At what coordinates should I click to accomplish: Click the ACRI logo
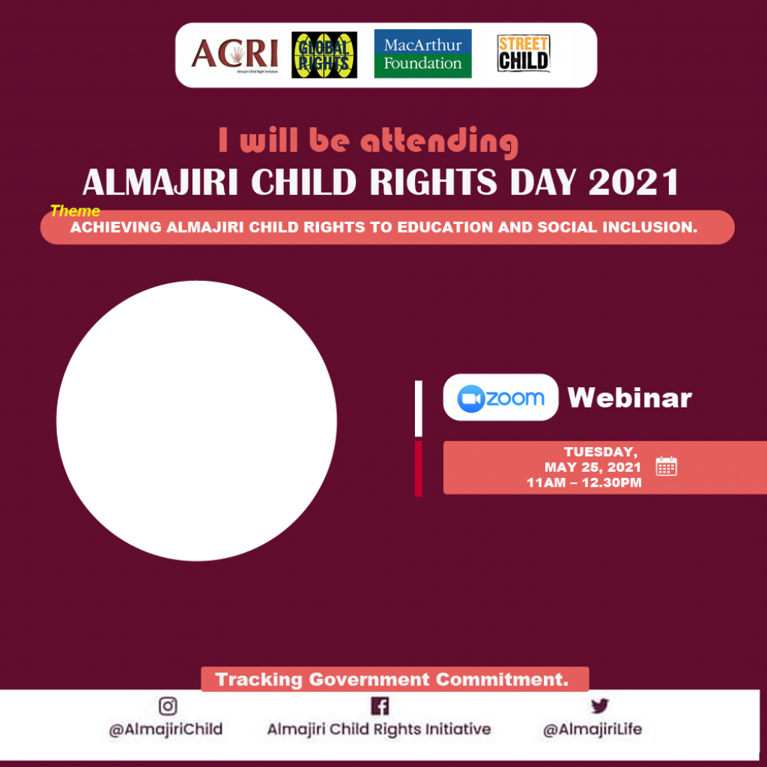pos(234,55)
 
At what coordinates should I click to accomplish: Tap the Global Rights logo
pos(324,55)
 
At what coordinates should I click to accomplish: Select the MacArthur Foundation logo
pos(422,54)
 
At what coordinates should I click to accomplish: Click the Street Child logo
pos(524,53)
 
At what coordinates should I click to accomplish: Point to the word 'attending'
pos(439,142)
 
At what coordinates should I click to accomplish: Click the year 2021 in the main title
pos(634,182)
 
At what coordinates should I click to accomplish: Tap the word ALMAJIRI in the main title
pos(160,182)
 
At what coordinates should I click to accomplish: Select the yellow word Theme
pos(75,210)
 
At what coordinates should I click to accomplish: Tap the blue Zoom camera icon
pos(470,398)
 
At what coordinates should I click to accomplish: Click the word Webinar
pos(629,398)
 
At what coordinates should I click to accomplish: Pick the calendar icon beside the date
pos(666,466)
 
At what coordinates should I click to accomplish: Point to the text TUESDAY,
pos(601,452)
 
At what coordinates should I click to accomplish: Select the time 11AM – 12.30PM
pos(584,483)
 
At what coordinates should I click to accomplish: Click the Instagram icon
pos(168,706)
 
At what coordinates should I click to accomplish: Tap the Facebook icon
pos(380,706)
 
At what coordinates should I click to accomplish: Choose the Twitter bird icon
pos(600,706)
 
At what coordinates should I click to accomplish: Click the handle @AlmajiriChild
pos(166,730)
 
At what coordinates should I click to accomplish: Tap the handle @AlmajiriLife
pos(592,730)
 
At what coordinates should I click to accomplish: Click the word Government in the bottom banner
pos(369,679)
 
